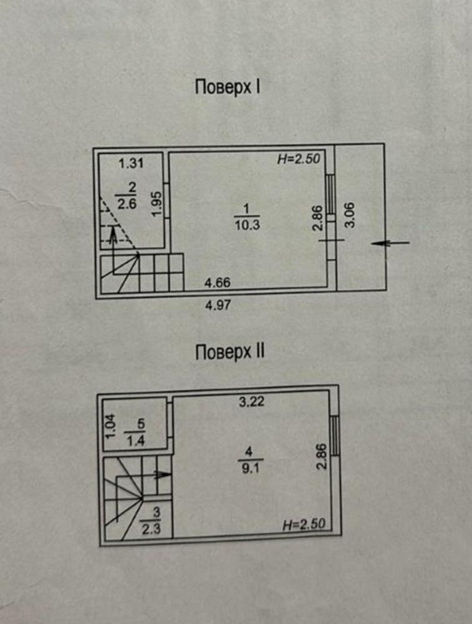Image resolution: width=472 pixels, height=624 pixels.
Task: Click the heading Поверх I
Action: (228, 87)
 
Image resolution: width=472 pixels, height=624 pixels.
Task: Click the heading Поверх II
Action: (230, 352)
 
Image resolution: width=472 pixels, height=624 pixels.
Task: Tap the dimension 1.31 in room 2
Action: (131, 163)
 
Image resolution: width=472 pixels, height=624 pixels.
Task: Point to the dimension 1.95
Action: (157, 204)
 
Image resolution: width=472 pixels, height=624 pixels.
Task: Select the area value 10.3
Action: (247, 225)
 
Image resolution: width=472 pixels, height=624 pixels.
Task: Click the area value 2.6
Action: (127, 204)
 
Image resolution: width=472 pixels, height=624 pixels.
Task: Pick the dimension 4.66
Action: (218, 283)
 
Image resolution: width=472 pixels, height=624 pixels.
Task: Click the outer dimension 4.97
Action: (218, 305)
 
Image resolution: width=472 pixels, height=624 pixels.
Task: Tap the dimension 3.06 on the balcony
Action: (350, 215)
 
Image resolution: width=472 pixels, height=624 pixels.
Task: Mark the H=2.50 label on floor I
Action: (299, 158)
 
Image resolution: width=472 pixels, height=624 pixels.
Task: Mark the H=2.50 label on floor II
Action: (304, 525)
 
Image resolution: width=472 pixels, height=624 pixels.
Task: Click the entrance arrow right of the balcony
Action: (390, 243)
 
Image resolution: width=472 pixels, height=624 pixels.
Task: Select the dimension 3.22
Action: (251, 401)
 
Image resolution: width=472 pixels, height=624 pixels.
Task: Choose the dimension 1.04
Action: (110, 426)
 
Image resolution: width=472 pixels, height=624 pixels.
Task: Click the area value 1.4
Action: (135, 441)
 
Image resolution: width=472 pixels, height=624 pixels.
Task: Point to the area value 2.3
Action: (151, 530)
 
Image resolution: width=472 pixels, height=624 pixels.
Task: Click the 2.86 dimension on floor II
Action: (321, 457)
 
